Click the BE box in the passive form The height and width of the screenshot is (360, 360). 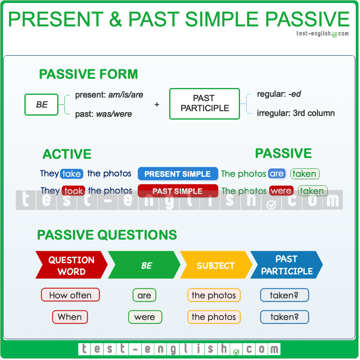coord(42,104)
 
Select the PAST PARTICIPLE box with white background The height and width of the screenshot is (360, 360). coord(204,104)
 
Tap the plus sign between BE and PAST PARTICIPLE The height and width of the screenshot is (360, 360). coord(157,104)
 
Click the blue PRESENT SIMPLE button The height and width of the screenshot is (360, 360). coord(178,174)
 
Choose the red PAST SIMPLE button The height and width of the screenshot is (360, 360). coord(178,191)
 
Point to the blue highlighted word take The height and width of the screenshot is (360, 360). coord(72,174)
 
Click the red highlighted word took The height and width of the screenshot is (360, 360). coord(74,191)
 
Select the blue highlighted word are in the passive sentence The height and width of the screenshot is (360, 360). coord(276,174)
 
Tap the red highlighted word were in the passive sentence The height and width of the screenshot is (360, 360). coord(281,191)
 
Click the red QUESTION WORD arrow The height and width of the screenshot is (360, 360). coord(71,265)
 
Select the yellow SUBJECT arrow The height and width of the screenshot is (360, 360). coord(215,265)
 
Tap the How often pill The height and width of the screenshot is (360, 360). coord(70,295)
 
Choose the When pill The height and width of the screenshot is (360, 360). coord(70,317)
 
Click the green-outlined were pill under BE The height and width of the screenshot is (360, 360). coord(145,317)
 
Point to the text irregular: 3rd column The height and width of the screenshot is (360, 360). coord(296,113)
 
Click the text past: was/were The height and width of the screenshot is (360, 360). coord(103,114)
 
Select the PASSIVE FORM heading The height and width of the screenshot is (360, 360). coord(88,74)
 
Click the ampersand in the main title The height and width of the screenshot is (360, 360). coord(116,19)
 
